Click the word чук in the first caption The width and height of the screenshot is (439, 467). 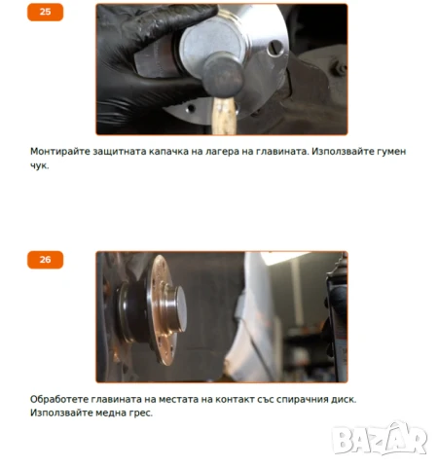pos(39,165)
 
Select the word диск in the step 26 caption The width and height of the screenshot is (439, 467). pos(343,399)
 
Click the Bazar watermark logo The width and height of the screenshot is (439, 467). pos(380,440)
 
